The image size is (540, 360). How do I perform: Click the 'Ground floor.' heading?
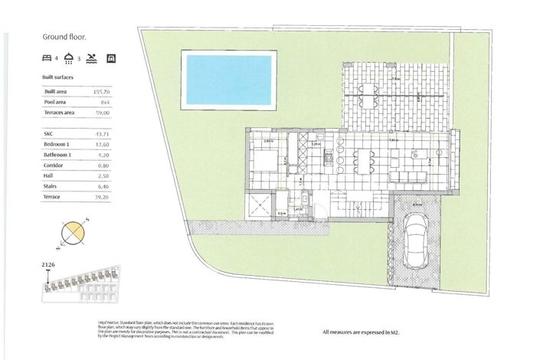pyautogui.click(x=64, y=36)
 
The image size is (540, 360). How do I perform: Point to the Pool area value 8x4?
pyautogui.click(x=103, y=101)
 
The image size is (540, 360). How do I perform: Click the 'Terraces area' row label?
pyautogui.click(x=61, y=113)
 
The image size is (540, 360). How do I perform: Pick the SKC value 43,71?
pyautogui.click(x=101, y=133)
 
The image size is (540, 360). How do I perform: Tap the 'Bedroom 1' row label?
pyautogui.click(x=57, y=143)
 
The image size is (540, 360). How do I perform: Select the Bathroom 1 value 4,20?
pyautogui.click(x=103, y=154)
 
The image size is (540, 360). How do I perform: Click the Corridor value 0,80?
pyautogui.click(x=103, y=165)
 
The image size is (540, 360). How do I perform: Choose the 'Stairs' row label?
pyautogui.click(x=52, y=185)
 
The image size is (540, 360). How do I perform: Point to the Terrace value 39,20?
pyautogui.click(x=102, y=197)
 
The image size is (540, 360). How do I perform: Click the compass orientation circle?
pyautogui.click(x=72, y=233)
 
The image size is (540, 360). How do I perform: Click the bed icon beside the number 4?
pyautogui.click(x=47, y=58)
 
